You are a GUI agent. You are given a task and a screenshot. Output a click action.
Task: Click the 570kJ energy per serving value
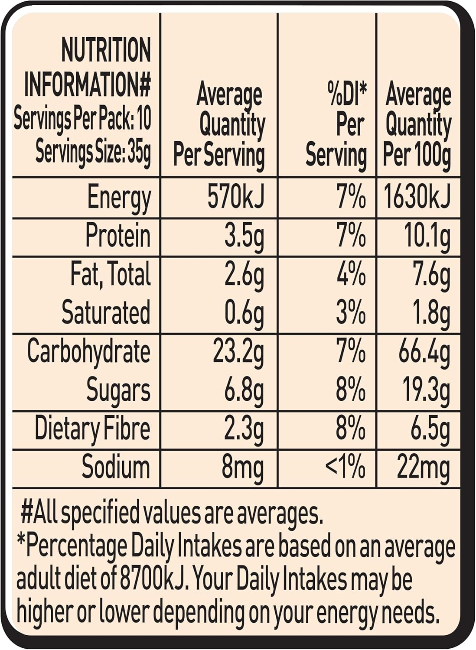235,197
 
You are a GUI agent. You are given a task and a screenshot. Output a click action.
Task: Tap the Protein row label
118,236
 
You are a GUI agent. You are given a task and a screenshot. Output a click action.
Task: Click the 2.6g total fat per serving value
244,275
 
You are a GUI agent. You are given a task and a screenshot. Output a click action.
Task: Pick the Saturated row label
106,312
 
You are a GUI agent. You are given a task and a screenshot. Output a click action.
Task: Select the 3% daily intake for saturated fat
351,312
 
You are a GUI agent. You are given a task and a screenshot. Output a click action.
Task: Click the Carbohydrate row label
89,351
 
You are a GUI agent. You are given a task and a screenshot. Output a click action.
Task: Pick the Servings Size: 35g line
93,152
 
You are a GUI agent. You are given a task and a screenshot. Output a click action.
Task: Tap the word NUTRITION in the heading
106,50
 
